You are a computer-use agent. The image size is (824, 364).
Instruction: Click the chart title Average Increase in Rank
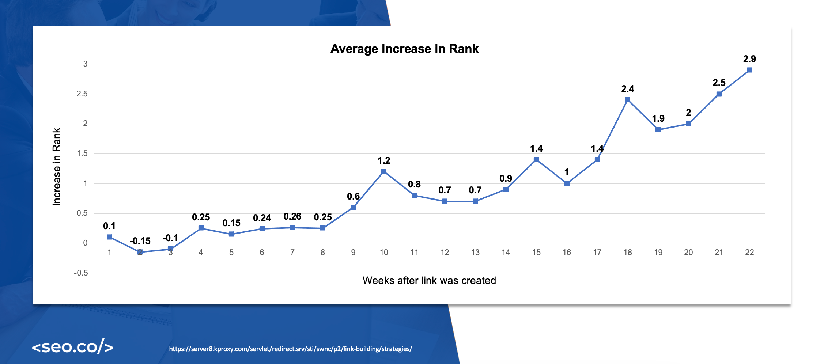point(404,49)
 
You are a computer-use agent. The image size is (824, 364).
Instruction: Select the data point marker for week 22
point(749,70)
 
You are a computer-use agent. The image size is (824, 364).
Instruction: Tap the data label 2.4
point(627,89)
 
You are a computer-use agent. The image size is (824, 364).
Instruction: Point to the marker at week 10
point(383,171)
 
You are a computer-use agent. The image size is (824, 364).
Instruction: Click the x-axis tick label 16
point(567,253)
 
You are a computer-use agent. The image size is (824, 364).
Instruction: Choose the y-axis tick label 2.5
point(82,94)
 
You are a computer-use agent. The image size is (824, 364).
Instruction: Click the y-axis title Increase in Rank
point(56,167)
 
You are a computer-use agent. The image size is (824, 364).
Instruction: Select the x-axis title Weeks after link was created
point(429,281)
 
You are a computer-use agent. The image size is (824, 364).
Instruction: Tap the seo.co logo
point(73,346)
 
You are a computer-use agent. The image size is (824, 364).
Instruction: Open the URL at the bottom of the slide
point(290,349)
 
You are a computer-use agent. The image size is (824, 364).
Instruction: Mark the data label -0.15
point(140,241)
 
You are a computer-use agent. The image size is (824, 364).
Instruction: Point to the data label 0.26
point(292,217)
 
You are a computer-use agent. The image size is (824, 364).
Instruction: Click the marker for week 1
point(110,237)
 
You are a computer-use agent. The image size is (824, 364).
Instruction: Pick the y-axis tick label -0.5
point(81,273)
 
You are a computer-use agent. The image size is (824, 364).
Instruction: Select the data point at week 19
point(658,129)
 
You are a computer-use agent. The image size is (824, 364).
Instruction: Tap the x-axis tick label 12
point(445,253)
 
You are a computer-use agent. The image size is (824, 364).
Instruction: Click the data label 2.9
point(749,59)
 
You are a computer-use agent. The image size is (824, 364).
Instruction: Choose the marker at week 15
point(536,159)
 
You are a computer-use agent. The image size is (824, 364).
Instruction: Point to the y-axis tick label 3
point(85,64)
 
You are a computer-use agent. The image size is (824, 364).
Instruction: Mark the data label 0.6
point(353,197)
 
